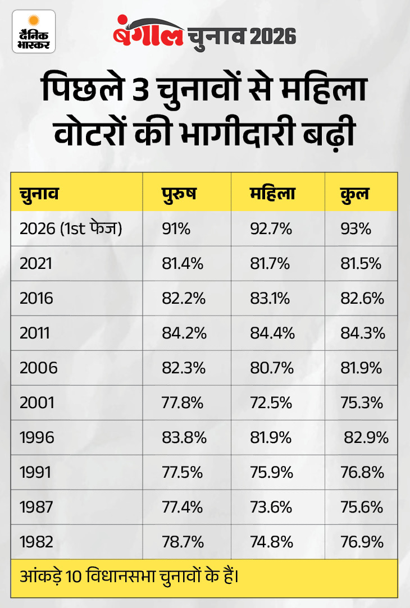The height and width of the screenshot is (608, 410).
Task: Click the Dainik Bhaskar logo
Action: (34, 31)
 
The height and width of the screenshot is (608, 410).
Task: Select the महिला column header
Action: (272, 194)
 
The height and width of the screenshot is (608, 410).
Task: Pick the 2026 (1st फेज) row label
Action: (71, 229)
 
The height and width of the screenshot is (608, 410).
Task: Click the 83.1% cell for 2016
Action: (270, 299)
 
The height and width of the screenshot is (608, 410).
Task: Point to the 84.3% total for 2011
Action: (363, 333)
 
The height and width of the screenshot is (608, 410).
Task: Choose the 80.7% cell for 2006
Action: (271, 368)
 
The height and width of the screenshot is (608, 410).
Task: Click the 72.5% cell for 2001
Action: (270, 403)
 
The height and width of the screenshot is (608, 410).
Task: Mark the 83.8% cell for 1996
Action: (183, 438)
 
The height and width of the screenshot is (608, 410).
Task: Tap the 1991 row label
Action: (35, 473)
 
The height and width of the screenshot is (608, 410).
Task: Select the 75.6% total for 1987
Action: (362, 508)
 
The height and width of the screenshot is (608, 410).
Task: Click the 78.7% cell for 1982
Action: (182, 542)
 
